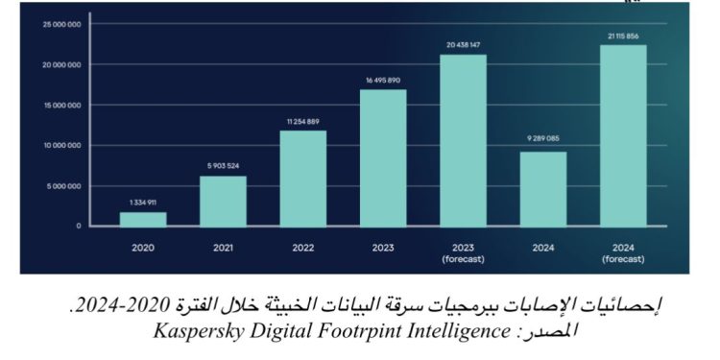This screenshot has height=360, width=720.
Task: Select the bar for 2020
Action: tap(143, 219)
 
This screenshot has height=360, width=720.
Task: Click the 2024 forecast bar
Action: tap(624, 135)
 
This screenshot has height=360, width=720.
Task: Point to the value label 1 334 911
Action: tap(143, 203)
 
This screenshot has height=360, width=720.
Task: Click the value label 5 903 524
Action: tap(223, 166)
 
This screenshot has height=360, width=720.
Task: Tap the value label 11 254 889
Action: tap(302, 121)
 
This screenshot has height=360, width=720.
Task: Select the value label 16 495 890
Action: tap(383, 81)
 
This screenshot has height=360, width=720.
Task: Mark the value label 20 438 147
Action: tap(464, 45)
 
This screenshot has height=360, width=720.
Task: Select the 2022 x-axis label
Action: tap(302, 247)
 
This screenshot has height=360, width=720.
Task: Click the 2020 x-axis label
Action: tap(143, 247)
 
